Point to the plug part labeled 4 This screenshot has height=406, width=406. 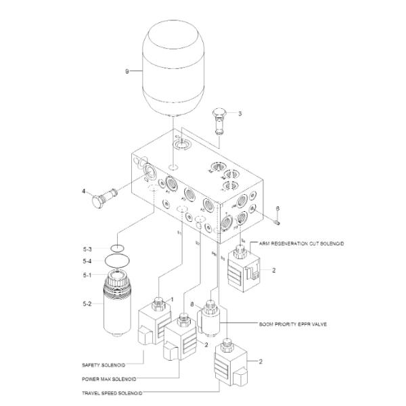pyautogui.click(x=105, y=199)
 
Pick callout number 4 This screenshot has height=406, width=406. pyautogui.click(x=83, y=191)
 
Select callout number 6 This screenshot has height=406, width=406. pyautogui.click(x=277, y=208)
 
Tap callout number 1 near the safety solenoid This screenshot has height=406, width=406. pyautogui.click(x=173, y=299)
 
